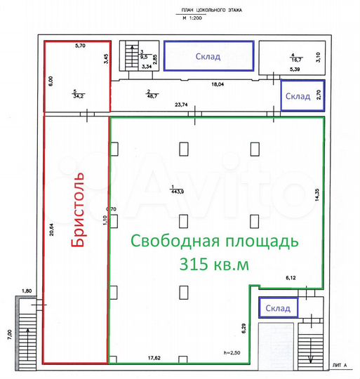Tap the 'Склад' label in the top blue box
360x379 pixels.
point(208,57)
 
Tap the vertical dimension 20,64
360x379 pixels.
point(51,231)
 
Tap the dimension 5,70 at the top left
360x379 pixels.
point(80,46)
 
